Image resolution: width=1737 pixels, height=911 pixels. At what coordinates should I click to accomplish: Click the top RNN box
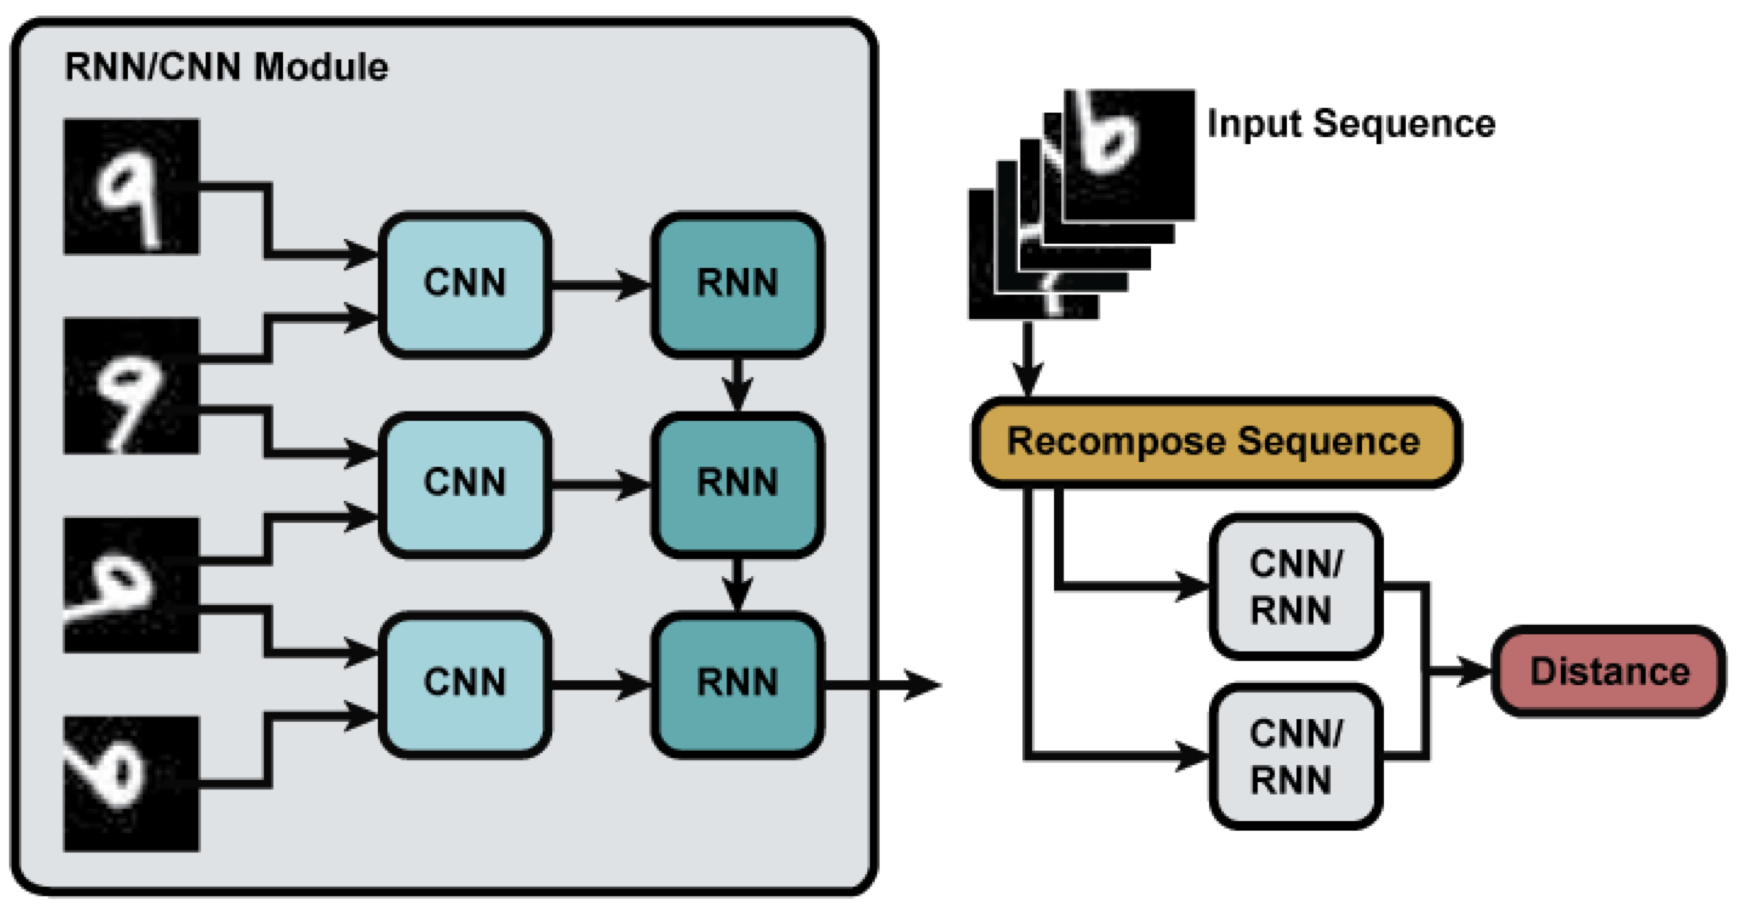[x=737, y=283]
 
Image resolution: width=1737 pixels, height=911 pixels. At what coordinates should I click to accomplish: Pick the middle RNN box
[x=737, y=483]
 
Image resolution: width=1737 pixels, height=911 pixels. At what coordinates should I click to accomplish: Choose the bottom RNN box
[x=737, y=683]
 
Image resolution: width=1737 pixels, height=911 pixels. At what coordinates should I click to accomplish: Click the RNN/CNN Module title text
[x=226, y=68]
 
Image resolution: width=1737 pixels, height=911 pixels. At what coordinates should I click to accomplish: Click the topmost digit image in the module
[x=132, y=186]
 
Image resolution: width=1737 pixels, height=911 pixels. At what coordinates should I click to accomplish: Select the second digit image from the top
[x=132, y=385]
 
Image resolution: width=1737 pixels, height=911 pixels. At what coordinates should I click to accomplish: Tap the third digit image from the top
[x=132, y=585]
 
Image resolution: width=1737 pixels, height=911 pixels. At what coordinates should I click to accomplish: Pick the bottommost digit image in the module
[x=132, y=783]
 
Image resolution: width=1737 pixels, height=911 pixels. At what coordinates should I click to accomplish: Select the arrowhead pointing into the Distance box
[x=1473, y=671]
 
